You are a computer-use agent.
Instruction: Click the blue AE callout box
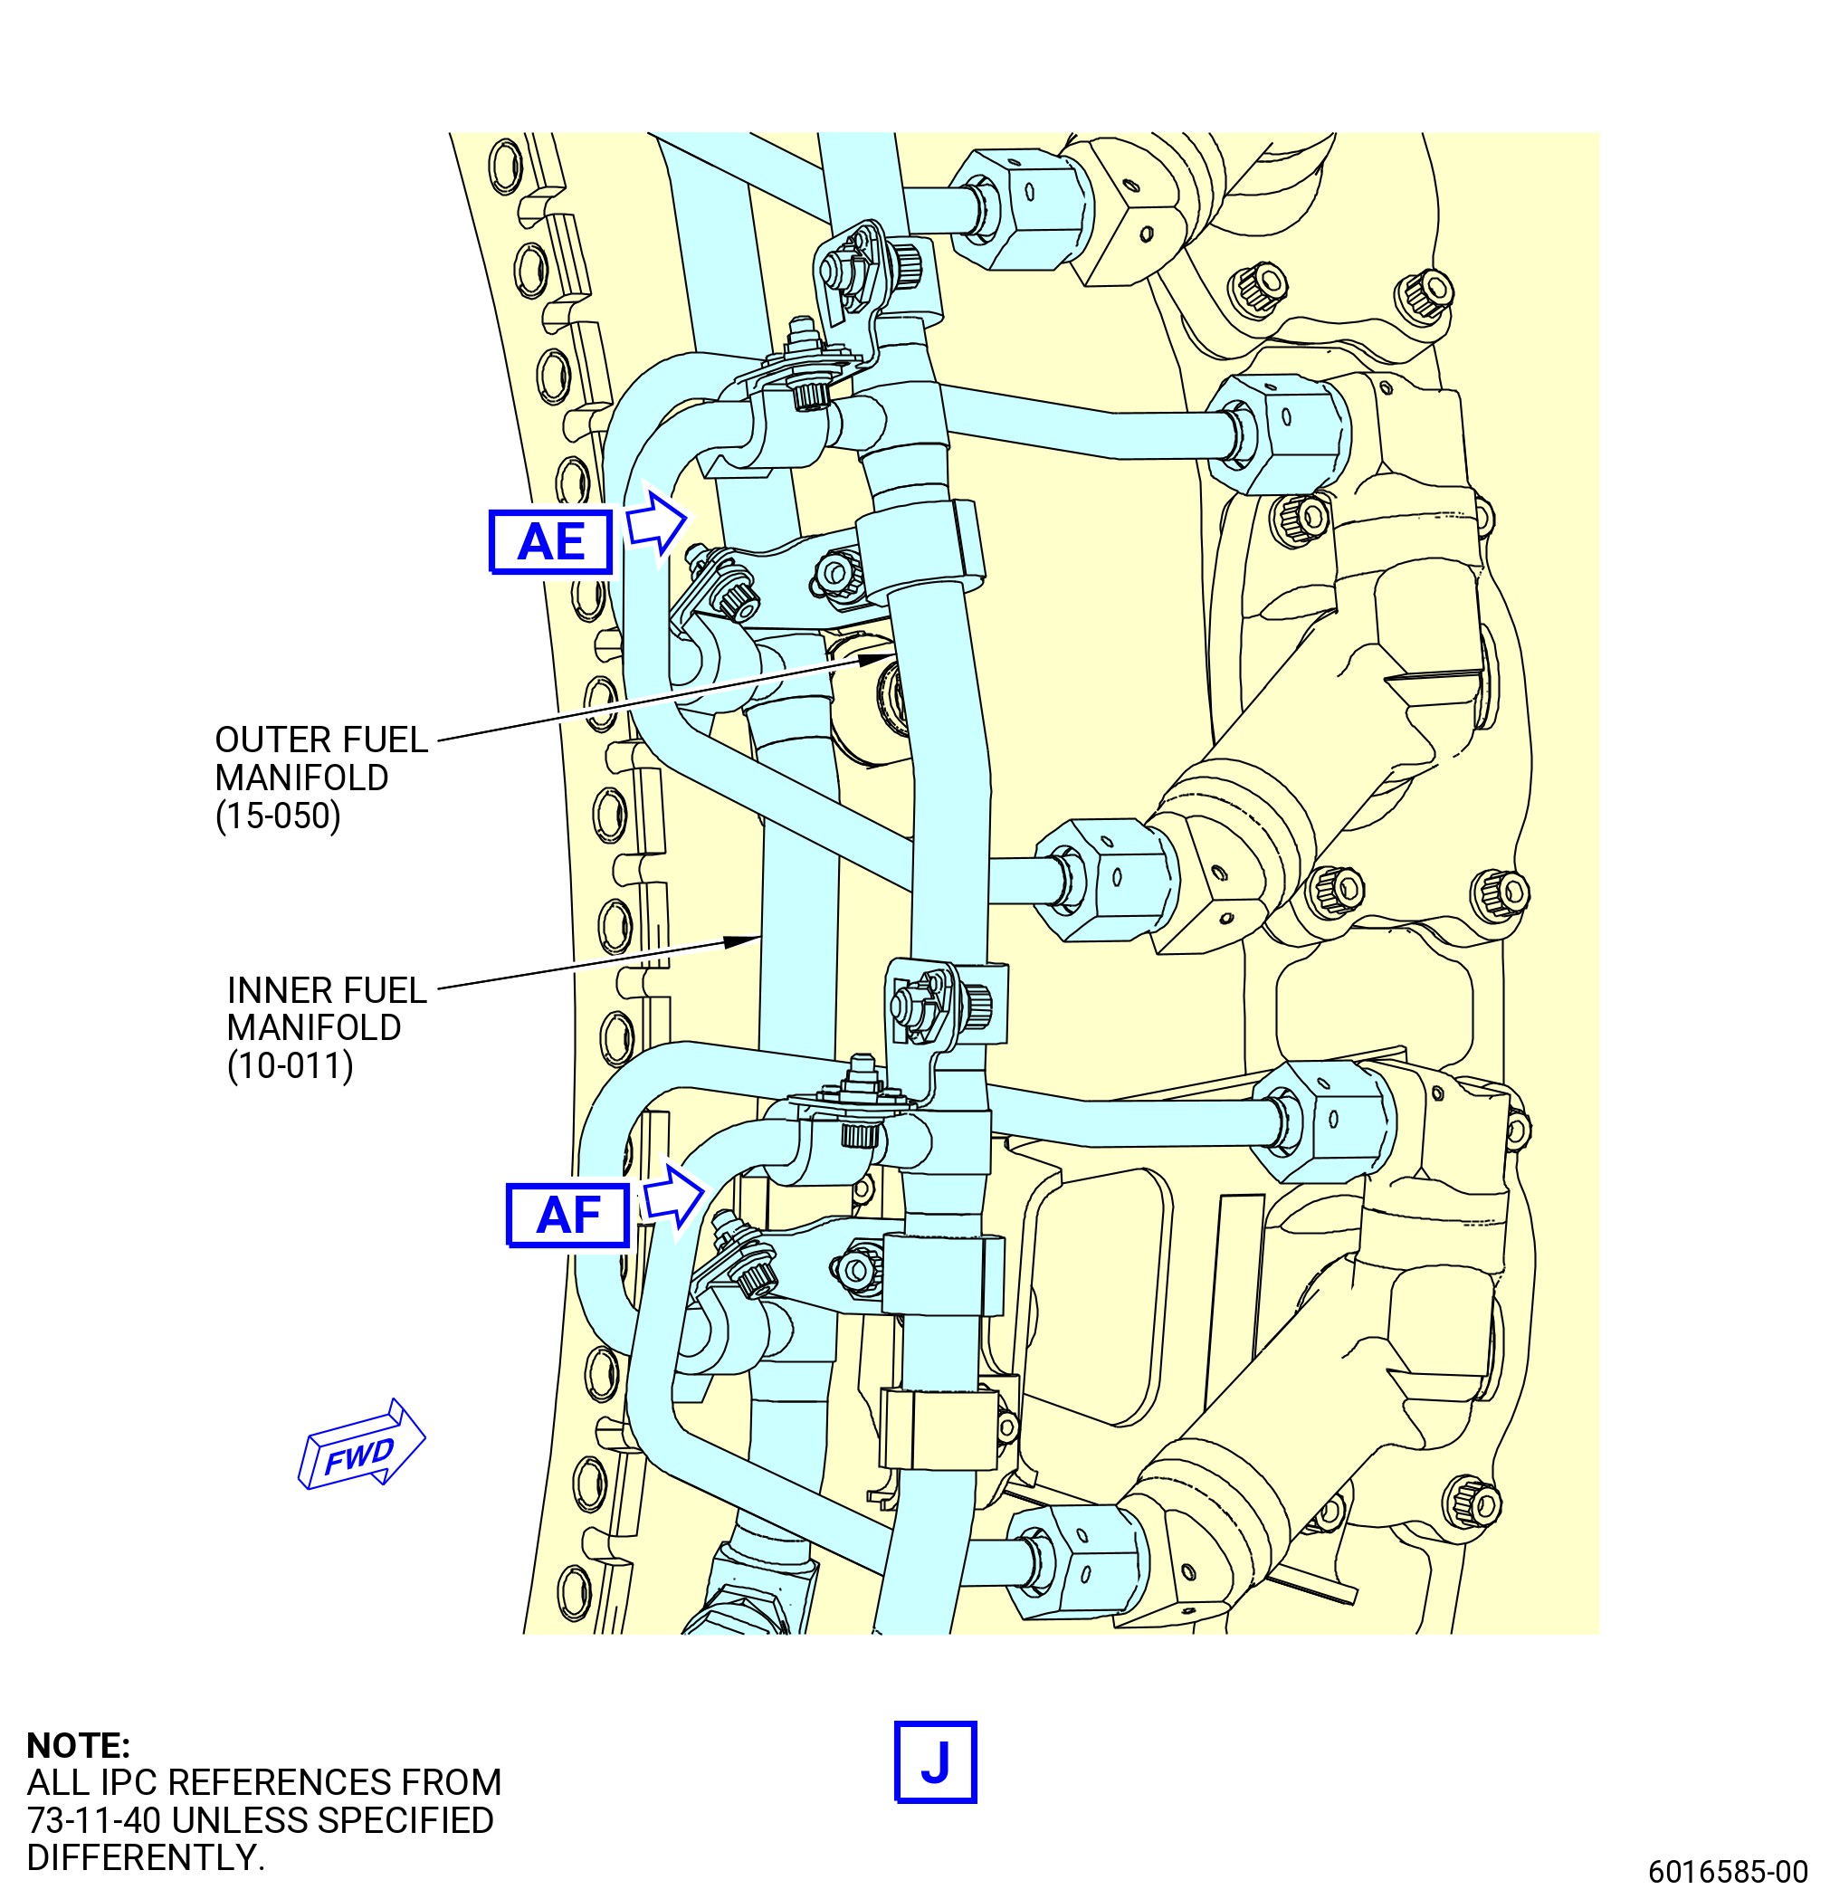[550, 541]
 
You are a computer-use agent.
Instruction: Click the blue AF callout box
[567, 1215]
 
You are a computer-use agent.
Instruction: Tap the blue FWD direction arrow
[361, 1446]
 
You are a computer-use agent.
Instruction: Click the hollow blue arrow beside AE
[656, 523]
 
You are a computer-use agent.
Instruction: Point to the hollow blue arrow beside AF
[673, 1197]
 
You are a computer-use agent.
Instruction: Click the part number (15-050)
[278, 816]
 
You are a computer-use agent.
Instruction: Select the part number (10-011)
[290, 1065]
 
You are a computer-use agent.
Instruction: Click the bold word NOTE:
[78, 1745]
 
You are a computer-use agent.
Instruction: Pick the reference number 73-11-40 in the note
[94, 1820]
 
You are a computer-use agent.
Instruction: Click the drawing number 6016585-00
[1728, 1871]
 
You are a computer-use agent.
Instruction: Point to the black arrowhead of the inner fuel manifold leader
[743, 940]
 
